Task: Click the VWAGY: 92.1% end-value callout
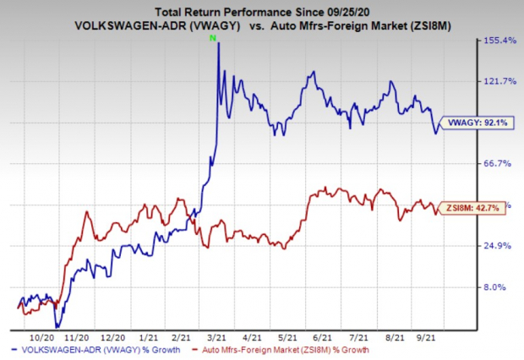478,123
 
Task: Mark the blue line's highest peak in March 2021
219,42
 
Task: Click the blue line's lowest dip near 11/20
57,326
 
